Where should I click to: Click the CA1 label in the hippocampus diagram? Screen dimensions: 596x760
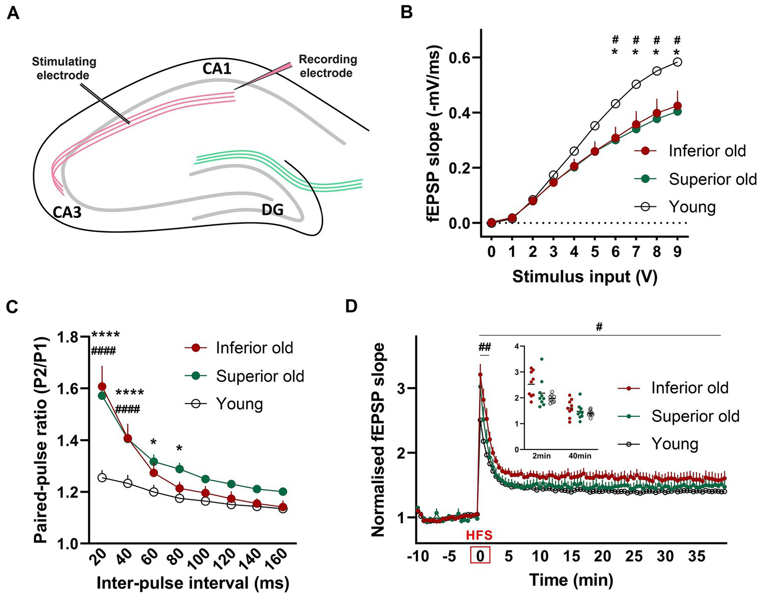coord(217,68)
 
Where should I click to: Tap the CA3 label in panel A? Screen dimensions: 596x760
coord(68,212)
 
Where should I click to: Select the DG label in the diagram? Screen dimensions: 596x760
coord(273,210)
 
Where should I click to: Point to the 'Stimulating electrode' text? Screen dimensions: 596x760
coord(64,69)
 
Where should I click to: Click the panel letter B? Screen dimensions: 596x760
coord(406,13)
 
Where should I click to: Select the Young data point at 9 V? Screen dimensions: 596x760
coord(677,62)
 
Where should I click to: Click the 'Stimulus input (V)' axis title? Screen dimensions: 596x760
coord(585,276)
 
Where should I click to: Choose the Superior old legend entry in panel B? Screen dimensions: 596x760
coord(712,179)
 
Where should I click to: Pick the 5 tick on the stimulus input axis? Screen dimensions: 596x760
coord(595,252)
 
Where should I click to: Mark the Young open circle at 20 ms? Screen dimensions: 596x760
coord(102,478)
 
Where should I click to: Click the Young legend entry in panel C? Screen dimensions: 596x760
coord(239,404)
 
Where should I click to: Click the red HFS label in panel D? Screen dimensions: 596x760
coord(479,535)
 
